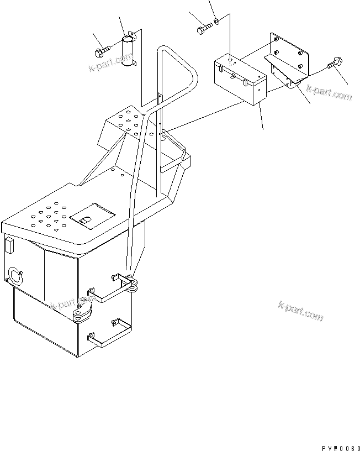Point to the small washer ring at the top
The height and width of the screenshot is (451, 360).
click(x=218, y=22)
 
